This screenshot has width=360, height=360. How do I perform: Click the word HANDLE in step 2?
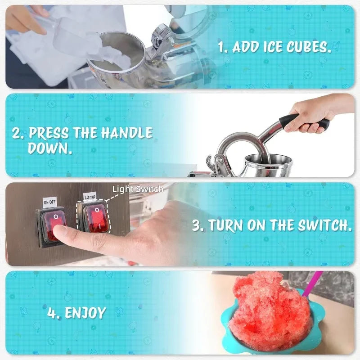(x=126, y=133)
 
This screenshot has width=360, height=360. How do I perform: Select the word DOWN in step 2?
(x=50, y=148)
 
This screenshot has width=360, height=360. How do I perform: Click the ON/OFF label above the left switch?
(x=49, y=202)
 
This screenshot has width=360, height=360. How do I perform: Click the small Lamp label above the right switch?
(x=89, y=197)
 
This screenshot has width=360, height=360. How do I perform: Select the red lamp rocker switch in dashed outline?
(x=95, y=219)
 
